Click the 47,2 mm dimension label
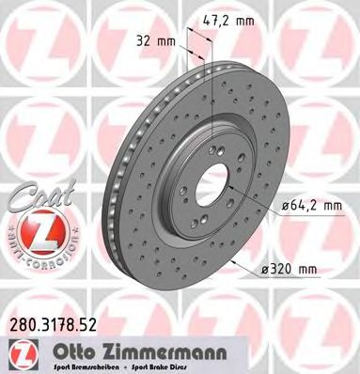tap(229, 16)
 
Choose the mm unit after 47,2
tap(244, 16)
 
